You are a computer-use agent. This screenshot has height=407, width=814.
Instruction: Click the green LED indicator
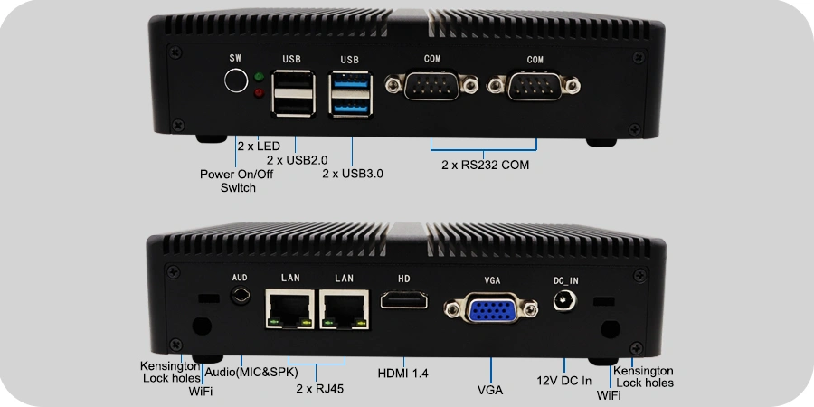260,77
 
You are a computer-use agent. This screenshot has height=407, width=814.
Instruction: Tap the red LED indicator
259,93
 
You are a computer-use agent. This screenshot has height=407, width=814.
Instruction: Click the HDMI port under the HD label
404,300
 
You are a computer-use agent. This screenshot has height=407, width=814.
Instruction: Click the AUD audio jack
241,296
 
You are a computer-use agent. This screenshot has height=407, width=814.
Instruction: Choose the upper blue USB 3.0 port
350,81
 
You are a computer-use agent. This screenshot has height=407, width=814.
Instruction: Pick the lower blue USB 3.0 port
350,107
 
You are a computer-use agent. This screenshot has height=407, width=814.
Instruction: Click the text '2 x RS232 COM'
486,166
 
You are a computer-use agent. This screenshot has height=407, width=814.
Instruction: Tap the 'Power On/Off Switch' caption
237,181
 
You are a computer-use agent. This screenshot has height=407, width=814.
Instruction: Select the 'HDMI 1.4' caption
403,373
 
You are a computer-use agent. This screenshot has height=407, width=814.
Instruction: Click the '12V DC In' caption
563,381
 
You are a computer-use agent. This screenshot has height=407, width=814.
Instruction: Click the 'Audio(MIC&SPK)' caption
251,373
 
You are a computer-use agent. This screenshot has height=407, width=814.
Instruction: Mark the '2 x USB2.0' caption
297,160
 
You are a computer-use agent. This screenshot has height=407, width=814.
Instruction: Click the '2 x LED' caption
259,146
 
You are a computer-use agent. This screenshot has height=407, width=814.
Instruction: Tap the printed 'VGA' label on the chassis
492,281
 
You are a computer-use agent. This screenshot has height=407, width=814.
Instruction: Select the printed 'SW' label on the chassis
236,58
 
